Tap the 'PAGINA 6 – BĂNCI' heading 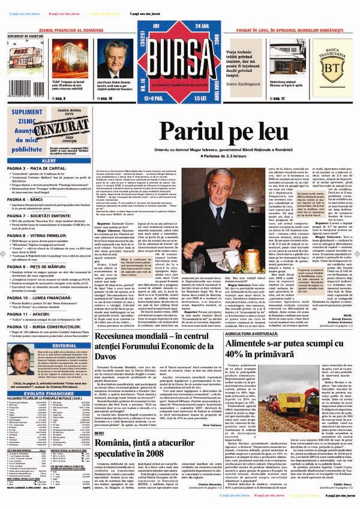[28, 198]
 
